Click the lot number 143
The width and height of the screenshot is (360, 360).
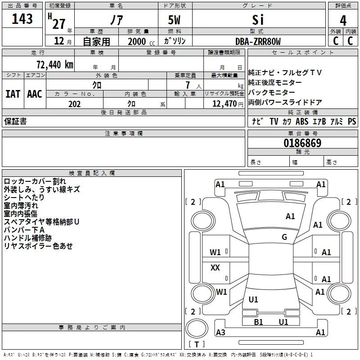[22, 19]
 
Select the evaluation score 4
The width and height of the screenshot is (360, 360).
[343, 20]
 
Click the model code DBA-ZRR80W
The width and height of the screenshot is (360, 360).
[258, 41]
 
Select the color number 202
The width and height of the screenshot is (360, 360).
[74, 104]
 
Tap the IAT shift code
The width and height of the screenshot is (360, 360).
[13, 94]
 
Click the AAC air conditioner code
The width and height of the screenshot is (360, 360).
[35, 94]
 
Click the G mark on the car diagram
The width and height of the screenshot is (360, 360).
[284, 237]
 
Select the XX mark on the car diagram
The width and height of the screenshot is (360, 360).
[216, 268]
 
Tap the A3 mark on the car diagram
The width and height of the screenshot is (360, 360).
[220, 333]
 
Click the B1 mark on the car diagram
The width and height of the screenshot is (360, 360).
[258, 322]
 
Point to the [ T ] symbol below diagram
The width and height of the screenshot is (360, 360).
[196, 345]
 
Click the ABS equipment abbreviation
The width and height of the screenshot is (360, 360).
[302, 121]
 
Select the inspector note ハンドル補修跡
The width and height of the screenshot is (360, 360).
[27, 238]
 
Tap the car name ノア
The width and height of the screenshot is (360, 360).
[116, 20]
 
